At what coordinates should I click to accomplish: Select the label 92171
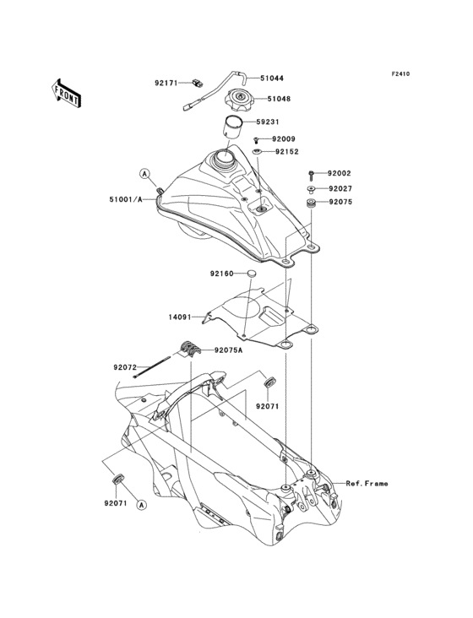(x=166, y=84)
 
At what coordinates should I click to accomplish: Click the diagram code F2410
(x=400, y=74)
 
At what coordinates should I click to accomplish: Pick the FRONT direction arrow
(x=67, y=91)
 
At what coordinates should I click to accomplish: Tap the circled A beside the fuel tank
(x=144, y=173)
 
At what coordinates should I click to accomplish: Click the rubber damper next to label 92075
(x=313, y=203)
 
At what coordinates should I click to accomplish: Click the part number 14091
(x=180, y=318)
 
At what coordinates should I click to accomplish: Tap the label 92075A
(x=228, y=350)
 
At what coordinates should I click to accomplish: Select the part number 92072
(x=125, y=367)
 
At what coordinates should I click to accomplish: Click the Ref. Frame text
(x=367, y=484)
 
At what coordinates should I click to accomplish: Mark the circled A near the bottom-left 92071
(x=140, y=505)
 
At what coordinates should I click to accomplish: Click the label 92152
(x=287, y=152)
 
